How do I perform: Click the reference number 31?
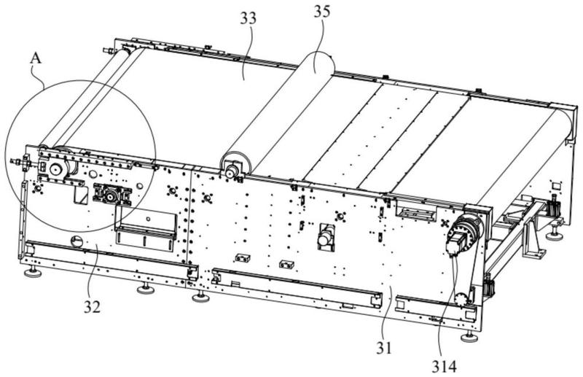(383, 349)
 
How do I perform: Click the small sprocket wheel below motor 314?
(460, 300)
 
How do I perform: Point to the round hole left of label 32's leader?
(75, 241)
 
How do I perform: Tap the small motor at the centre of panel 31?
(325, 237)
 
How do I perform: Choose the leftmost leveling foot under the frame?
(32, 273)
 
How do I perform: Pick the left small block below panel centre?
(243, 258)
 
